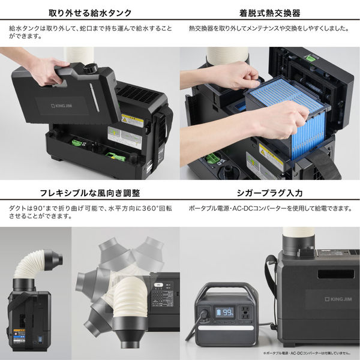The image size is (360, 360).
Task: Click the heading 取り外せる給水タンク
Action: click(89, 12)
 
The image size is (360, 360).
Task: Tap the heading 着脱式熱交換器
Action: click(269, 12)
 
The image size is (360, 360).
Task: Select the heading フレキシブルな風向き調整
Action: click(89, 193)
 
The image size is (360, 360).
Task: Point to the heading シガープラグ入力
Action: click(269, 193)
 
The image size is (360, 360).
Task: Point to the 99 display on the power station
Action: click(224, 312)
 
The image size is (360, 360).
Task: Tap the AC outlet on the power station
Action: click(245, 313)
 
